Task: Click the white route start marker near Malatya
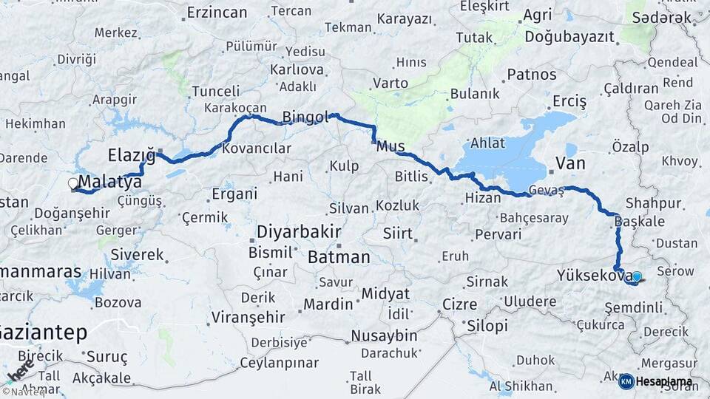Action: click(x=72, y=183)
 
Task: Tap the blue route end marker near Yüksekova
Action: click(x=636, y=277)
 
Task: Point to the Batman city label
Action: click(x=339, y=257)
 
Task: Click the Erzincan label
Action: click(x=217, y=13)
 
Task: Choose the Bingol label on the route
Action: click(x=305, y=117)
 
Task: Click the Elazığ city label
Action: click(x=132, y=155)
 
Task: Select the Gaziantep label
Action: click(x=44, y=332)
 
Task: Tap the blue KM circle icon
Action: click(x=626, y=382)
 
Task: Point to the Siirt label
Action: click(x=397, y=233)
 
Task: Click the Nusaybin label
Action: click(x=384, y=335)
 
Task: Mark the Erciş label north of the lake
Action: click(x=569, y=100)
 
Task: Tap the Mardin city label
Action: click(x=328, y=304)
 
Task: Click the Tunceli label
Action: click(x=215, y=92)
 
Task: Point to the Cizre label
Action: click(x=459, y=304)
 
